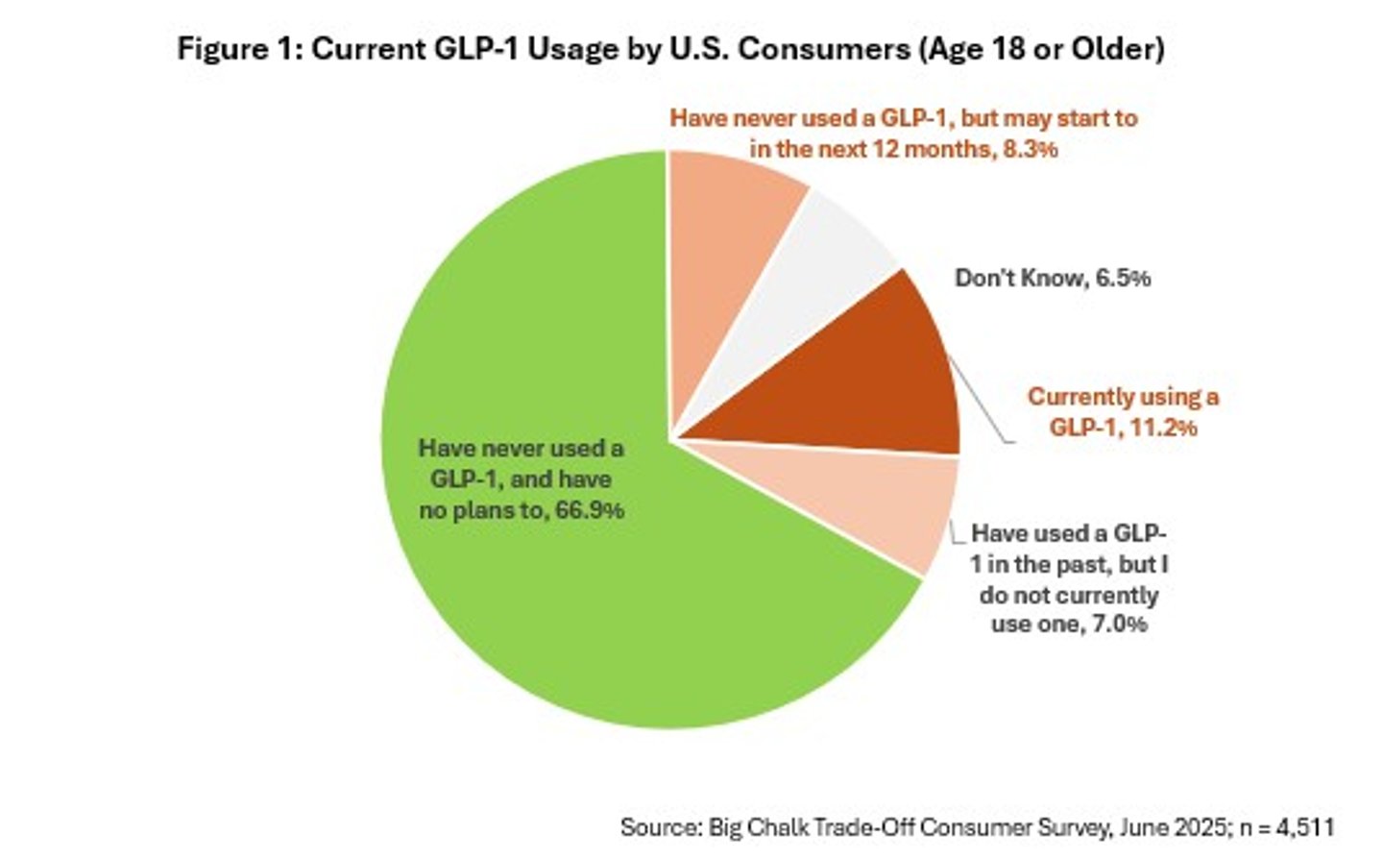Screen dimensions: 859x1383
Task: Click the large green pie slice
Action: [538, 596]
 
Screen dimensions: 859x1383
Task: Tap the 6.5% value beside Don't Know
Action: [1124, 279]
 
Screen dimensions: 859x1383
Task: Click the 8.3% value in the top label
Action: [1031, 149]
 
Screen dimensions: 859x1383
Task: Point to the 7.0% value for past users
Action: [1120, 625]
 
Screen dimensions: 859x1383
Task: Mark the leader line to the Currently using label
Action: [980, 404]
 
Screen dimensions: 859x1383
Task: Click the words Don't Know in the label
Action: [1020, 279]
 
